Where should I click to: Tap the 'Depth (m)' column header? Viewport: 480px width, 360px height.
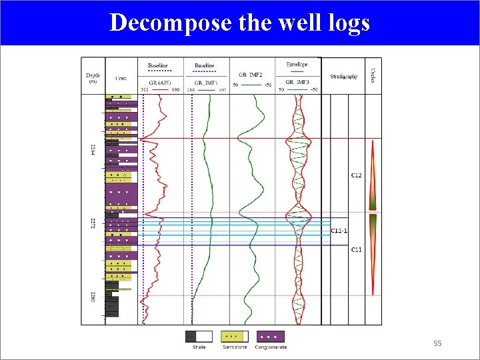[x=93, y=78]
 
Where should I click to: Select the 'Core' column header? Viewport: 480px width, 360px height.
[x=121, y=78]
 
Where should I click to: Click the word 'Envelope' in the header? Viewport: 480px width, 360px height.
[x=297, y=65]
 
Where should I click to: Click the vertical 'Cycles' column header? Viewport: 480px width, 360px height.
[x=373, y=74]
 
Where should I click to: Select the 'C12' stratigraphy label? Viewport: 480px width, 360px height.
[x=357, y=175]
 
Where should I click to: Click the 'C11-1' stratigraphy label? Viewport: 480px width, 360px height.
[x=339, y=231]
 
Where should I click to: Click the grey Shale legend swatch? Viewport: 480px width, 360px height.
[x=199, y=337]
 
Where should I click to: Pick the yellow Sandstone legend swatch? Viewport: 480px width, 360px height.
[x=235, y=337]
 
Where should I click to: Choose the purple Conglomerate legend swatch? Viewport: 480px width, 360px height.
[x=271, y=337]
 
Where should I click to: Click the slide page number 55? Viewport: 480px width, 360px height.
[x=437, y=343]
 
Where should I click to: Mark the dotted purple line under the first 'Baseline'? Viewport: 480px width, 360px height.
[x=159, y=71]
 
